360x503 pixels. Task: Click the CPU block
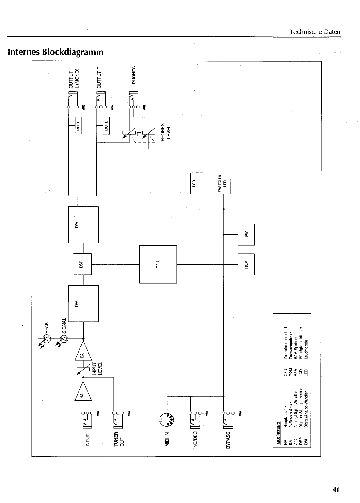click(x=158, y=264)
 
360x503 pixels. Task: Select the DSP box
click(x=82, y=264)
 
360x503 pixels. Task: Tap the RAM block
click(x=246, y=235)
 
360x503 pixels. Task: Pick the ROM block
click(x=246, y=264)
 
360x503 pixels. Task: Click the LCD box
click(x=198, y=183)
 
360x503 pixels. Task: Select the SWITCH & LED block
click(x=223, y=183)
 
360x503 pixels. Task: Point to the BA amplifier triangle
click(x=83, y=352)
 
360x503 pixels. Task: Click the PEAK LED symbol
click(x=47, y=338)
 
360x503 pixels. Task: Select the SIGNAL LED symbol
click(x=64, y=338)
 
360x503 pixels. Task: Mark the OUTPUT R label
click(x=99, y=77)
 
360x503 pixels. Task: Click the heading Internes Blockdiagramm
click(x=56, y=52)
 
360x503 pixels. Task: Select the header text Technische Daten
click(x=315, y=32)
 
